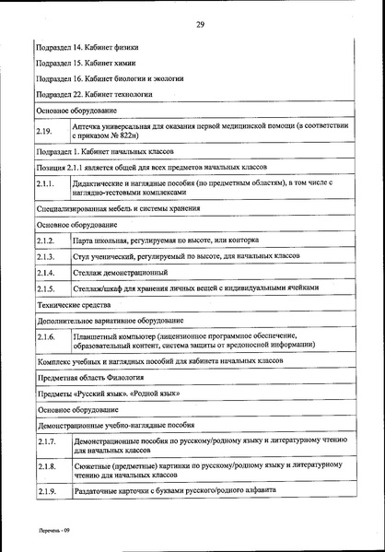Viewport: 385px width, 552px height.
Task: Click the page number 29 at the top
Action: [199, 24]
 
